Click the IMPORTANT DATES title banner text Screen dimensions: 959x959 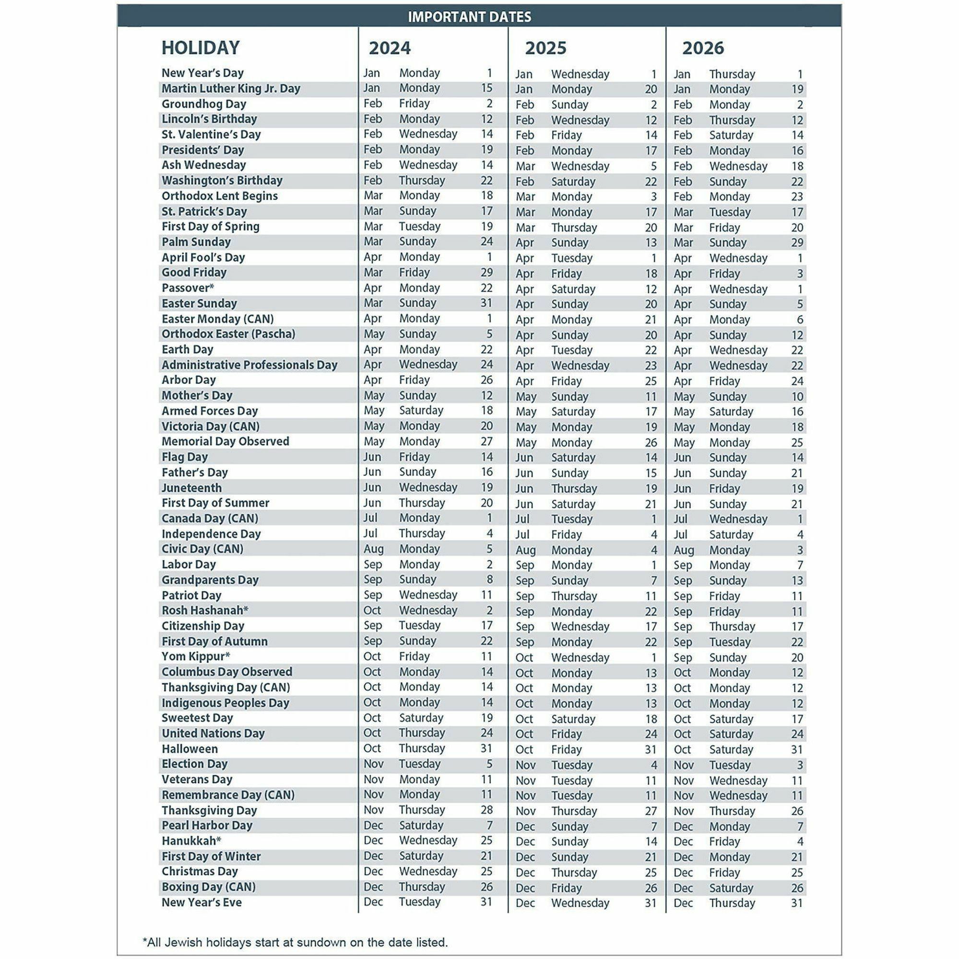coord(469,17)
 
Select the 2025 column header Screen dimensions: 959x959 coord(545,48)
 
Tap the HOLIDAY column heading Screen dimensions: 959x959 coord(201,47)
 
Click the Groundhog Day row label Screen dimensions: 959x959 coord(203,104)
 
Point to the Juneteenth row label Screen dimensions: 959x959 coord(191,488)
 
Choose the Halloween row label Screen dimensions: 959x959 coord(189,748)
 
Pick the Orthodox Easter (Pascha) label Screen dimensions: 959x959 coord(228,334)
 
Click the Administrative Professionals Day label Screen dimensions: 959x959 coord(249,365)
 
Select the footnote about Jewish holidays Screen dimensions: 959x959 coord(295,942)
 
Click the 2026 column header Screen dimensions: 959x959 coord(703,48)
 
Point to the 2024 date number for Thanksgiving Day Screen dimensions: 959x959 coord(486,810)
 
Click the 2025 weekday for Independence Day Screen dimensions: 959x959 coord(567,534)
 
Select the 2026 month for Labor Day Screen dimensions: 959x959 coord(683,565)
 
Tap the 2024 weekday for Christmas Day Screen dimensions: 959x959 coord(428,871)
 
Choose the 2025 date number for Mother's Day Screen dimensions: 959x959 coord(651,397)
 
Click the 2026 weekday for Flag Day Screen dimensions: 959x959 coord(728,458)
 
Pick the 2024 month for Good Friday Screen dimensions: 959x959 coord(373,272)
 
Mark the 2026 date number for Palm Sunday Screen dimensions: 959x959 coord(797,243)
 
